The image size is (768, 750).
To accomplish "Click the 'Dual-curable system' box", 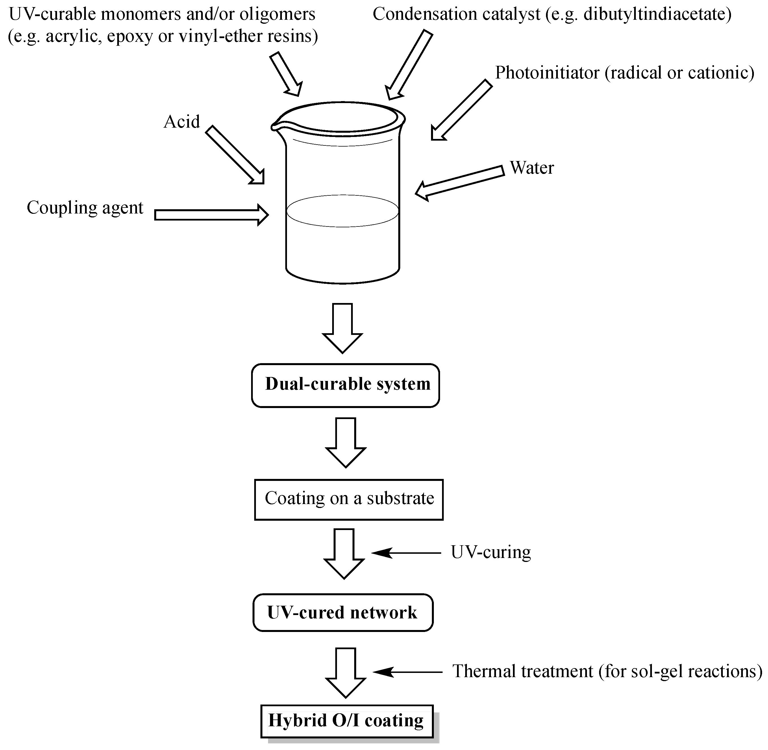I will click(x=345, y=385).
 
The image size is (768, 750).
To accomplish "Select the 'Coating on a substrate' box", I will click(x=349, y=499).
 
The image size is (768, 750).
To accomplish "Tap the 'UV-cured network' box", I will click(x=343, y=612).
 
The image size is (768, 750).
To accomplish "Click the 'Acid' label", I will click(x=182, y=122).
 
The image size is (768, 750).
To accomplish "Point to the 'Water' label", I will click(x=532, y=168).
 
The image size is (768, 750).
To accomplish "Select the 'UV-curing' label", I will click(x=491, y=552).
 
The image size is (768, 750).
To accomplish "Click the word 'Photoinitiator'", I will click(x=547, y=73).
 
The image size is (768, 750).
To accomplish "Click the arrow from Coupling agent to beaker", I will click(x=211, y=215).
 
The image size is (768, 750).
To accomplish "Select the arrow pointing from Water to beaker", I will click(x=459, y=182).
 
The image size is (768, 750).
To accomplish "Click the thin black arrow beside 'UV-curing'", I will click(x=406, y=553).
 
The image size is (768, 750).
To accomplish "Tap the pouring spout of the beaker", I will click(x=275, y=126).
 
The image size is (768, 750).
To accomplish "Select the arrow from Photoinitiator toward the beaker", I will click(x=461, y=110).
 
